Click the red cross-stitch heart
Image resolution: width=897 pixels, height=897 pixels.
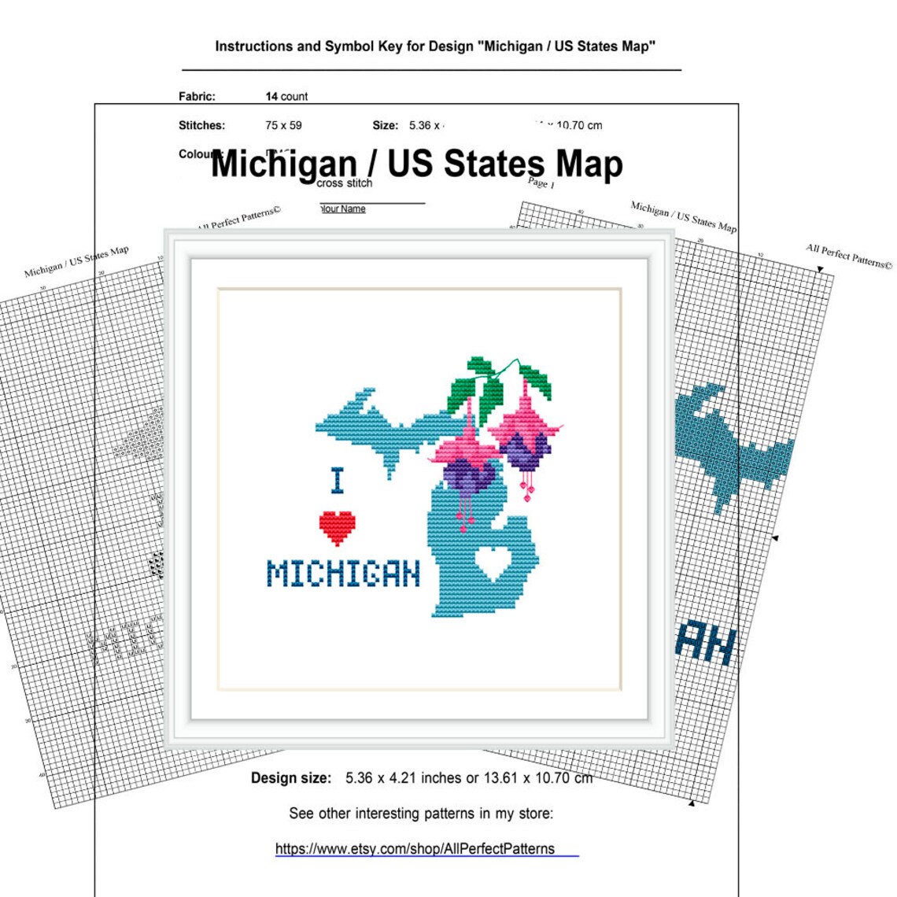pyautogui.click(x=337, y=527)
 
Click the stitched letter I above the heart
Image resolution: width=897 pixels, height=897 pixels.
pyautogui.click(x=338, y=481)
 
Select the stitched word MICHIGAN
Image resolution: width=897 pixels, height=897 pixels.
pyautogui.click(x=344, y=574)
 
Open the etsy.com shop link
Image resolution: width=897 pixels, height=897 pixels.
pyautogui.click(x=415, y=849)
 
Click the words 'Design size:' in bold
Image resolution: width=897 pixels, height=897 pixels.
pyautogui.click(x=291, y=778)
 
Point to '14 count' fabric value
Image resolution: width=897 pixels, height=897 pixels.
pyautogui.click(x=286, y=97)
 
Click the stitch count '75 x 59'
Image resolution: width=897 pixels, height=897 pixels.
pyautogui.click(x=283, y=125)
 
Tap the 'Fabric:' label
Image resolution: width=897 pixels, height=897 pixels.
pyautogui.click(x=197, y=97)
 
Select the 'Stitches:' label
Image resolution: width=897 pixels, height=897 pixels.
pyautogui.click(x=201, y=125)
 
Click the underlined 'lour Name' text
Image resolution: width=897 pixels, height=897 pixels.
pyautogui.click(x=343, y=209)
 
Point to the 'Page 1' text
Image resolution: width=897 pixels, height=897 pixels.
pyautogui.click(x=541, y=183)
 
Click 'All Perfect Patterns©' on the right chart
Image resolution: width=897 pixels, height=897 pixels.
pyautogui.click(x=849, y=257)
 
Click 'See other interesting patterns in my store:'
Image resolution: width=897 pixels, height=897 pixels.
pyautogui.click(x=421, y=814)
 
